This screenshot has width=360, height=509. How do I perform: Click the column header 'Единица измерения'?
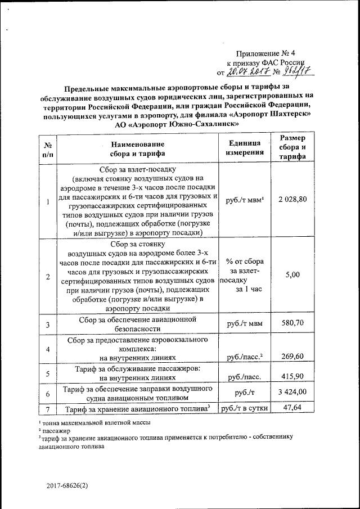coord(245,148)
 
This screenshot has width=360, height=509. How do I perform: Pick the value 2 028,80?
coord(296,201)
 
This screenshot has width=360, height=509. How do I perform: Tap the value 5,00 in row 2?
coord(296,275)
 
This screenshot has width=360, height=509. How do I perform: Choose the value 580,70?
coord(296,324)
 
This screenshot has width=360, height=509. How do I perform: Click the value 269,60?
coord(296,356)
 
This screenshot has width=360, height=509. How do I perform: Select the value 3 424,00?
coord(296,392)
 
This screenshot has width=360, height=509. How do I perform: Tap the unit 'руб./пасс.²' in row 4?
coord(245,357)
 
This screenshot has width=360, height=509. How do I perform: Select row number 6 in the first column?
coord(48,393)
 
